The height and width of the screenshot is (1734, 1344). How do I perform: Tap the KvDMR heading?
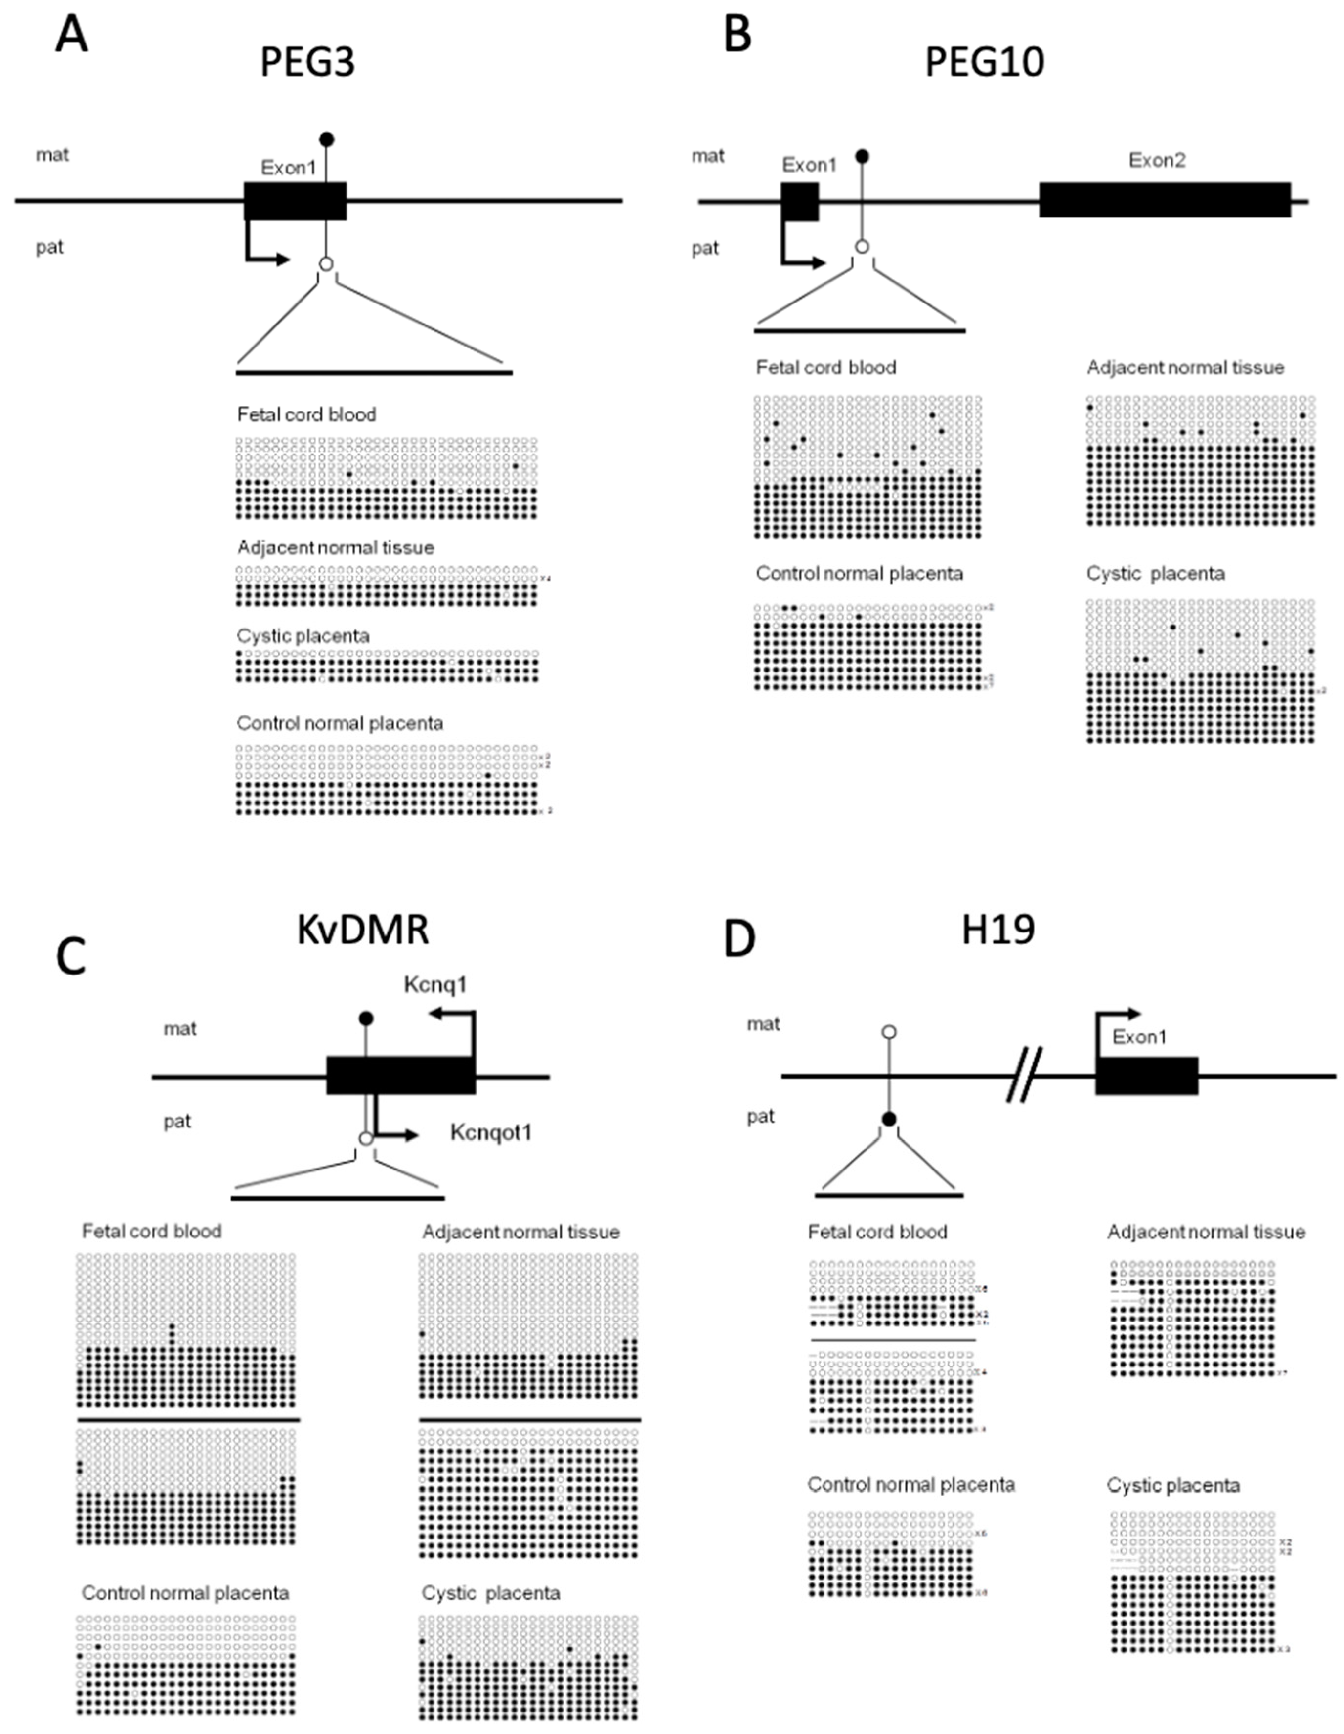363,929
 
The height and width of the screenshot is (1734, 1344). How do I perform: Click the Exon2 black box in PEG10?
1165,200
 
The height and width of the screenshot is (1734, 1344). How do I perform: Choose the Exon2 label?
1157,160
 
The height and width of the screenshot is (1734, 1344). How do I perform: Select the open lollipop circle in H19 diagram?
889,1032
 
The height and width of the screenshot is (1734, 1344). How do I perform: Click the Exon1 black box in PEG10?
800,202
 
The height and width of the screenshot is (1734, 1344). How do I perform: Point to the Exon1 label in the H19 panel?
1139,1037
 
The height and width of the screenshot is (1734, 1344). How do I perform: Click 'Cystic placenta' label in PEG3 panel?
303,636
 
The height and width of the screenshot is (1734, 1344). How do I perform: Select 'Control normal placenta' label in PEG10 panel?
859,573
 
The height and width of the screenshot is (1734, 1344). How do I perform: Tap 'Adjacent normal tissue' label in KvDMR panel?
521,1232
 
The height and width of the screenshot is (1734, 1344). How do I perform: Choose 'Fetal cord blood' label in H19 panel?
877,1232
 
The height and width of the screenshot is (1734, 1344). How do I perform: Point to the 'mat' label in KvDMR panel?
180,1029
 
